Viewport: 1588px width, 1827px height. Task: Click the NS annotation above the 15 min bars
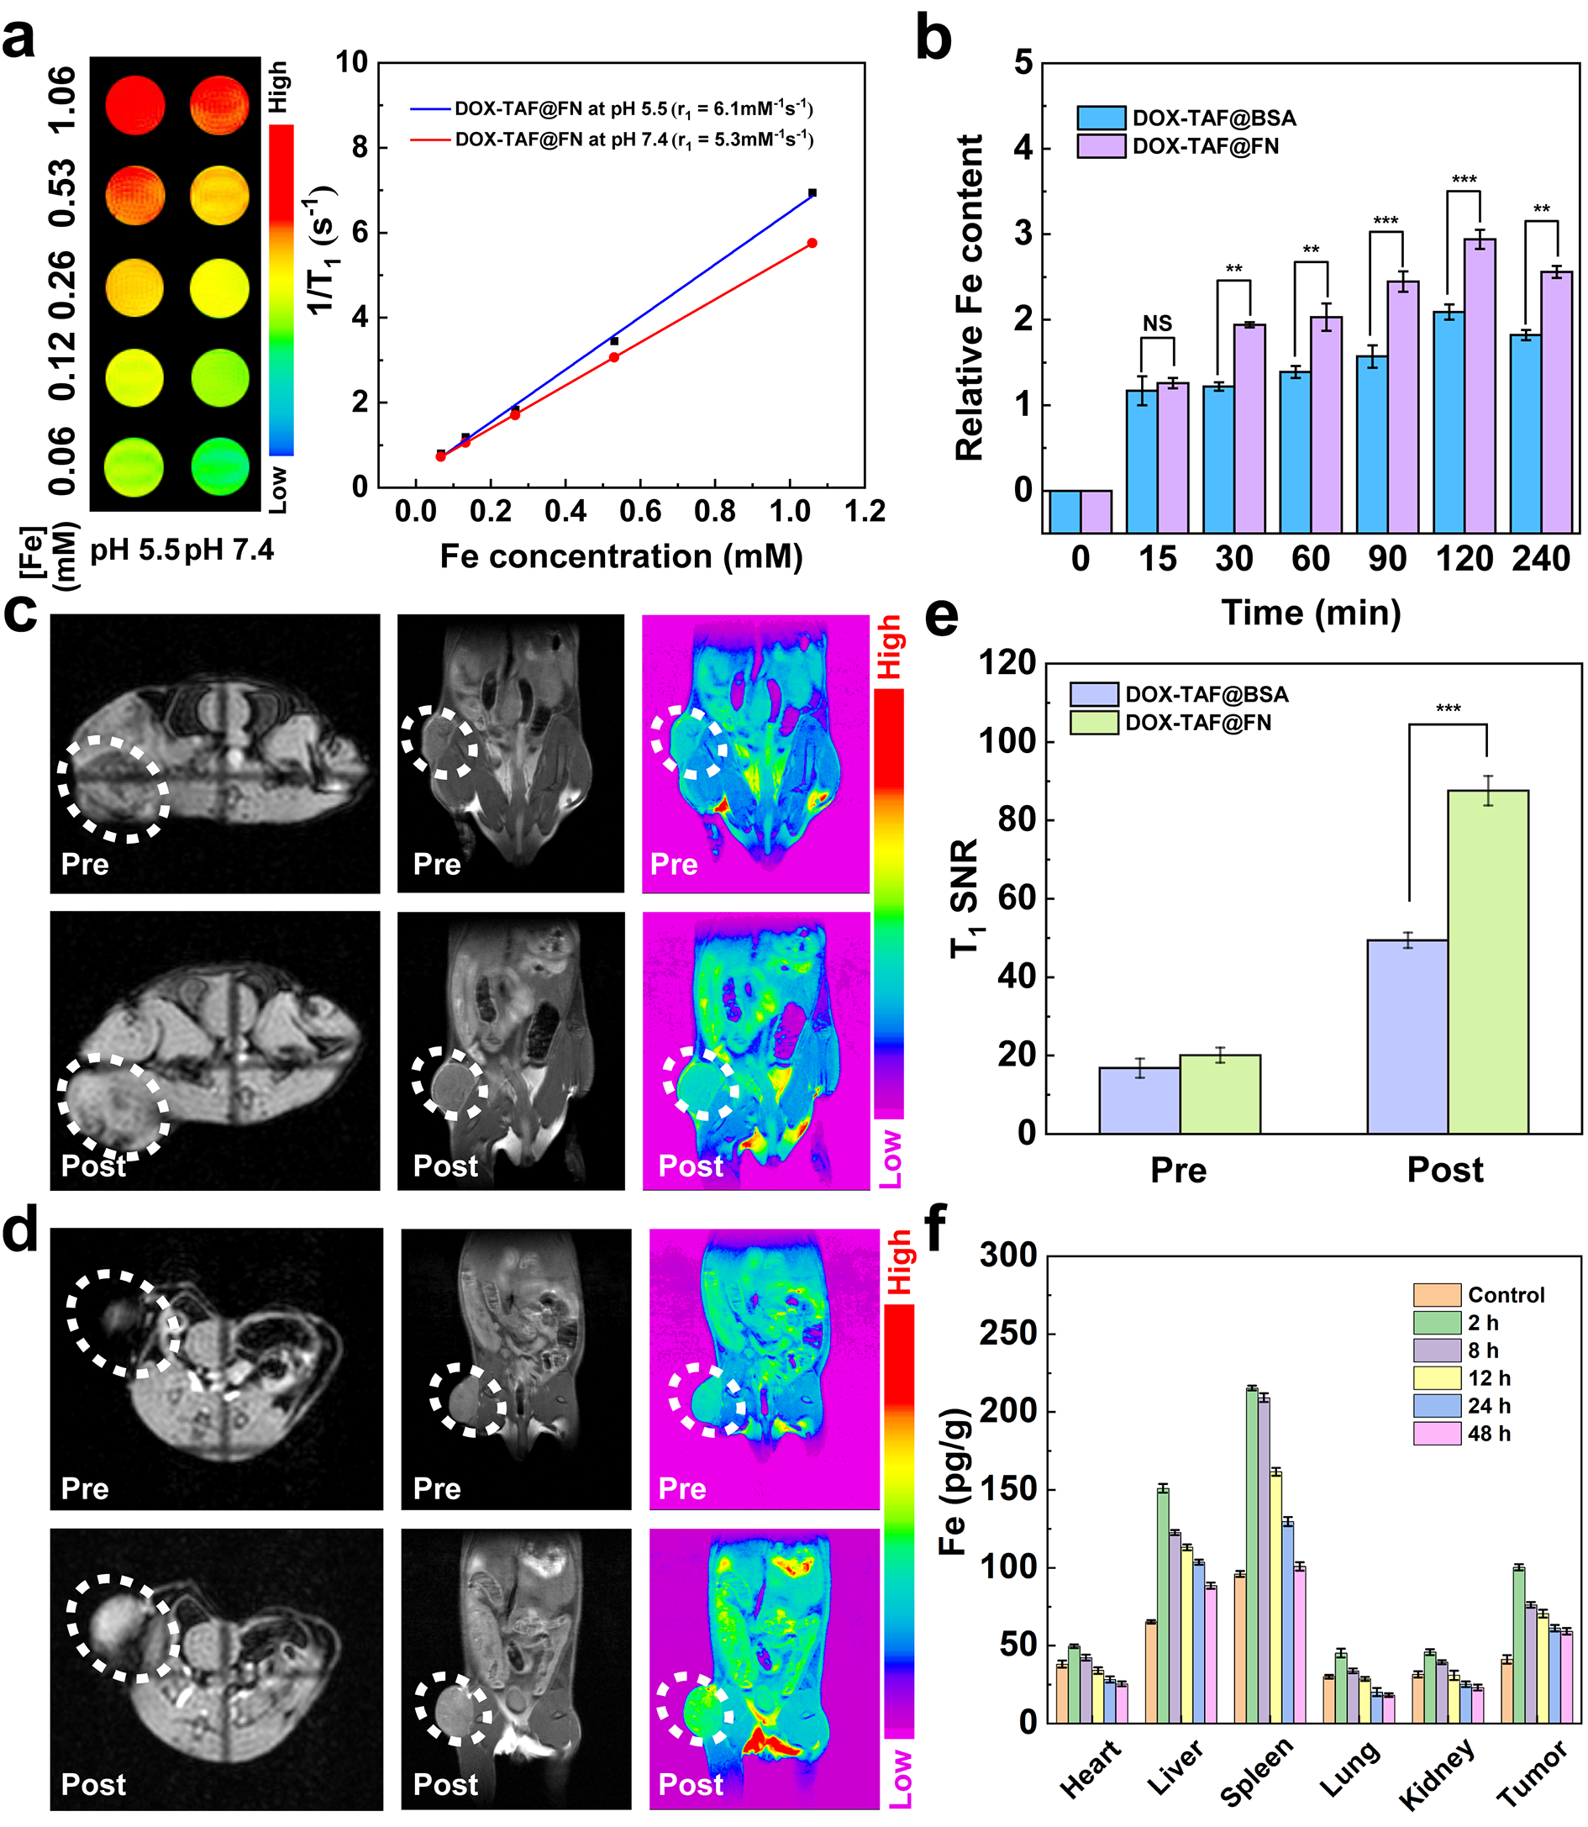point(1156,324)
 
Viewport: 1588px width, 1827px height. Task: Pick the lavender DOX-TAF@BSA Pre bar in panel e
point(1138,1100)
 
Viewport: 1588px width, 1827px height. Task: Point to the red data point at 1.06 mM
point(812,243)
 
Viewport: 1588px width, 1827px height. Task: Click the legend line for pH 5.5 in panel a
point(431,109)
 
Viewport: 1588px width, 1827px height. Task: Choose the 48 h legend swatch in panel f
point(1437,1434)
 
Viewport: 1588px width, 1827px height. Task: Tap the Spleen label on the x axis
point(1257,1772)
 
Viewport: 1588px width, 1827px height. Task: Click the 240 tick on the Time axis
point(1541,560)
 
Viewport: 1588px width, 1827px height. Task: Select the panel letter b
point(933,39)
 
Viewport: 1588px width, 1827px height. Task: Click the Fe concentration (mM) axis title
point(621,556)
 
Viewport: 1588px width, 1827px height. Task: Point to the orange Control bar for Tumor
point(1506,1691)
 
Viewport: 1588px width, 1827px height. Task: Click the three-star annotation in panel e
point(1448,708)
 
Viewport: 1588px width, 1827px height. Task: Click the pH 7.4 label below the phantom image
point(230,550)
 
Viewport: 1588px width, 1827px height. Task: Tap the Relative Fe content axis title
point(970,297)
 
